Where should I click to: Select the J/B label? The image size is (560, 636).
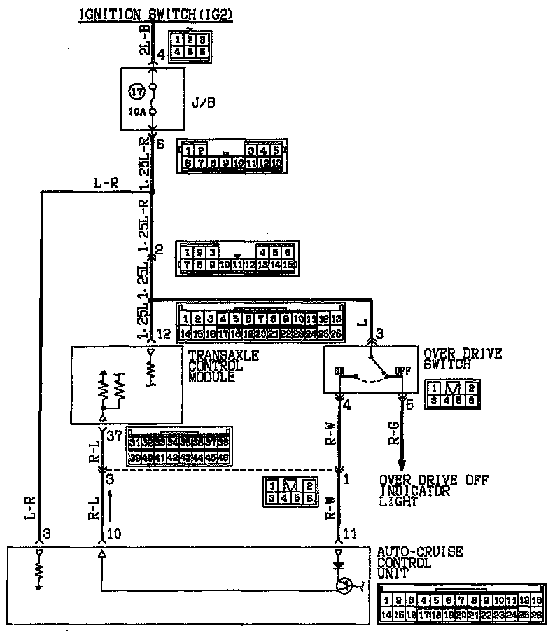202,103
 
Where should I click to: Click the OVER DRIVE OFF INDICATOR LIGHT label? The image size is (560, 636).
434,491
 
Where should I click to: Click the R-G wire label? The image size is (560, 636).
395,435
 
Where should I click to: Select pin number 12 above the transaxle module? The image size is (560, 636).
163,333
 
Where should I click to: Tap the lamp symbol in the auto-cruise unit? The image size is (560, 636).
342,586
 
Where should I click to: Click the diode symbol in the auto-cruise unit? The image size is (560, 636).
339,564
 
